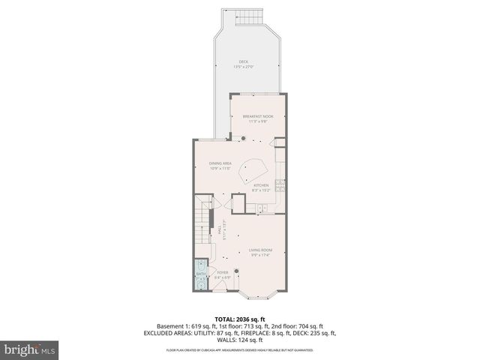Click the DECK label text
(x=243, y=61)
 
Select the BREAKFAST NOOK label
(x=257, y=115)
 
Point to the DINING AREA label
(x=220, y=163)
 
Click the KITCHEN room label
(x=260, y=184)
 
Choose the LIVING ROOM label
(x=260, y=250)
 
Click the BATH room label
(x=200, y=274)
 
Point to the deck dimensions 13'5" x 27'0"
(x=243, y=67)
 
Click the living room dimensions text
(x=260, y=255)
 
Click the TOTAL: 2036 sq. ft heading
(x=240, y=319)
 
